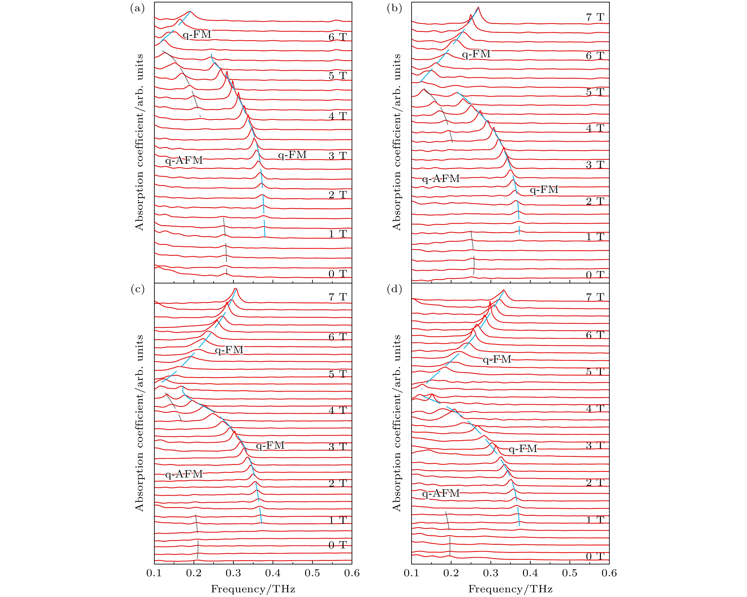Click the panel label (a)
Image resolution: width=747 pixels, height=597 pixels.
click(137, 8)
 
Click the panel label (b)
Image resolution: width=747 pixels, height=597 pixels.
click(394, 8)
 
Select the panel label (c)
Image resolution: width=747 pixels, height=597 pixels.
click(137, 289)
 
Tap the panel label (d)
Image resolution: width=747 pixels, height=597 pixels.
click(394, 289)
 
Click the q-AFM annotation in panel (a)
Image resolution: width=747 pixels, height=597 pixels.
click(184, 161)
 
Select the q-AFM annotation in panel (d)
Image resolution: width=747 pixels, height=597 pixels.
click(441, 493)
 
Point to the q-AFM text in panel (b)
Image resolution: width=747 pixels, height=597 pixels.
click(441, 179)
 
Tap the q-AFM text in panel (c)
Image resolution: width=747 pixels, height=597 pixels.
click(184, 474)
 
